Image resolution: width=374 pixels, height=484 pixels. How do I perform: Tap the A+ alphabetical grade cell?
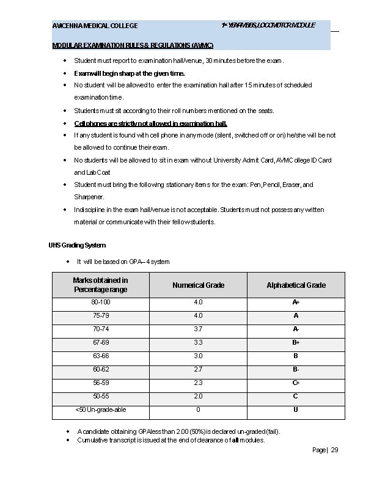click(296, 302)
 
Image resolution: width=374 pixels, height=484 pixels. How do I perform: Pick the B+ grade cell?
click(296, 342)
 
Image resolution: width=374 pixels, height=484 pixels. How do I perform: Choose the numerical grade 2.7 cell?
click(198, 369)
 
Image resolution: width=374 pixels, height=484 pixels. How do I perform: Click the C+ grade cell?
click(296, 383)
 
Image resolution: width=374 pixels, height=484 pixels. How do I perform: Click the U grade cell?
click(296, 409)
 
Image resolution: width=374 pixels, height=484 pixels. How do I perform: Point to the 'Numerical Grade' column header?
click(198, 285)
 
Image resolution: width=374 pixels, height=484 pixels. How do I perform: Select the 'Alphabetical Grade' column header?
click(296, 285)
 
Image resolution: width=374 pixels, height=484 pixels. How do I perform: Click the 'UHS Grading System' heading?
click(77, 246)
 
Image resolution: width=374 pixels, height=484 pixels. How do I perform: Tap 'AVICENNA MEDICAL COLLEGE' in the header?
click(95, 26)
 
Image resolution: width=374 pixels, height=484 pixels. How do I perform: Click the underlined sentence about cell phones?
click(150, 123)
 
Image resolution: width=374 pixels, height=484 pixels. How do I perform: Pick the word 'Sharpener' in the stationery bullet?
click(89, 197)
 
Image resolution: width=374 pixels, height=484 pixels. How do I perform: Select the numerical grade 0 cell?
click(198, 409)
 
